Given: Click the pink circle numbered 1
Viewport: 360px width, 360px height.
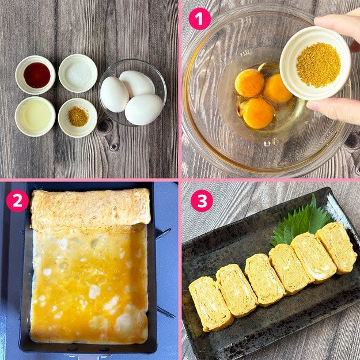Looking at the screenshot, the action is (199, 19).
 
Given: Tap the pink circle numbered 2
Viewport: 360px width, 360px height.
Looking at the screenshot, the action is (17, 201).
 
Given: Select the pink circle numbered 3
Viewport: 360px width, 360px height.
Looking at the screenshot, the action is (202, 201).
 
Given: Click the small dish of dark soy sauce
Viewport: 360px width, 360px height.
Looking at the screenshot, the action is (35, 75).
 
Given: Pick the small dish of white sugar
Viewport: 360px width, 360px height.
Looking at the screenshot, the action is (78, 73).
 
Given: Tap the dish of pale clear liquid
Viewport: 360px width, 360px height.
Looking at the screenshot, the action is (35, 116).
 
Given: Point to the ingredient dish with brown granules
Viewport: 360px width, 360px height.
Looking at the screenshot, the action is (78, 118).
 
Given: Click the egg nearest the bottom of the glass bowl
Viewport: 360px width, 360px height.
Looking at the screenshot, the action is (144, 109).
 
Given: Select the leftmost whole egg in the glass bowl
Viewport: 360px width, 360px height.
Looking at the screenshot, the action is (115, 94).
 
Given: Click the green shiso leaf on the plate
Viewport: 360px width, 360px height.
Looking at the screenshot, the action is (301, 222).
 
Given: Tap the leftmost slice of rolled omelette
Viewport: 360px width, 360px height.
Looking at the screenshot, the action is (210, 304).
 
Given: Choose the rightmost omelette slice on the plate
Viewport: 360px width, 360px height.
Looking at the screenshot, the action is (336, 248).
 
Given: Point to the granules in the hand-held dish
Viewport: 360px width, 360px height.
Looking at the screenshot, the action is (319, 65).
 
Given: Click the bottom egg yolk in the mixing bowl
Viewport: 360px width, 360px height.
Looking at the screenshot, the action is (258, 113).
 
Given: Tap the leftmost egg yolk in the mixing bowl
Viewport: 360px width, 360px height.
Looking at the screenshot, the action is (249, 83).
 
